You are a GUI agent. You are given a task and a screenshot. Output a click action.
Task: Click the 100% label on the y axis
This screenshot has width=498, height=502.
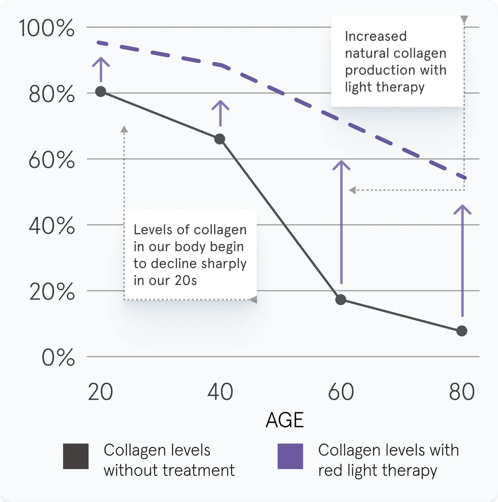47,28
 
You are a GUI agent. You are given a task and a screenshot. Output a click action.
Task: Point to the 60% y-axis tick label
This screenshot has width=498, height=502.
52,160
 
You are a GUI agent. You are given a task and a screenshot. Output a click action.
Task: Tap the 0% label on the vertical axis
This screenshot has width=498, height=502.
58,358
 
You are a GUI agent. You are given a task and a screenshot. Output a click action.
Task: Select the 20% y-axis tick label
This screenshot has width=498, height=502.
52,292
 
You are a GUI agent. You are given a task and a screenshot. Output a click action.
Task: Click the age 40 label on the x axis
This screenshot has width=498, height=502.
220,392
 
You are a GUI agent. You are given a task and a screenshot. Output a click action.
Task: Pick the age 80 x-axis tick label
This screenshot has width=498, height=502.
462,392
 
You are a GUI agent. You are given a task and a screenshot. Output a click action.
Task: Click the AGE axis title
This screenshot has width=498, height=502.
285,420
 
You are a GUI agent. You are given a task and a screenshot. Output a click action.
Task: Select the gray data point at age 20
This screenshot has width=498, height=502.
101,92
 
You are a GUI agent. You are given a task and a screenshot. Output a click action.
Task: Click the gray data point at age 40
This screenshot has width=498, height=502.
220,139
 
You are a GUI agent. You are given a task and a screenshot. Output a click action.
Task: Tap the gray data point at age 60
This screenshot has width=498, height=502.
341,300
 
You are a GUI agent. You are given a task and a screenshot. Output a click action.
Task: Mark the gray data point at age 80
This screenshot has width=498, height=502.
462,331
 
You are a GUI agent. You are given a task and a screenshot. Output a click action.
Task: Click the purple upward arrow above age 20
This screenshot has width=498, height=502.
101,69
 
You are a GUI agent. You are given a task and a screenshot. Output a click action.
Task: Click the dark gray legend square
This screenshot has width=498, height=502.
76,456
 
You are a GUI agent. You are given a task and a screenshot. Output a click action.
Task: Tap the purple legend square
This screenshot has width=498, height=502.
290,456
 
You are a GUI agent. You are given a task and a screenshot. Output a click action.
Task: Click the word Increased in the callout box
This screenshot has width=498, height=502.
376,36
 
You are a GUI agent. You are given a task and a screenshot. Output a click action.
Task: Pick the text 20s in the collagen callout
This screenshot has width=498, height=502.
186,281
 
